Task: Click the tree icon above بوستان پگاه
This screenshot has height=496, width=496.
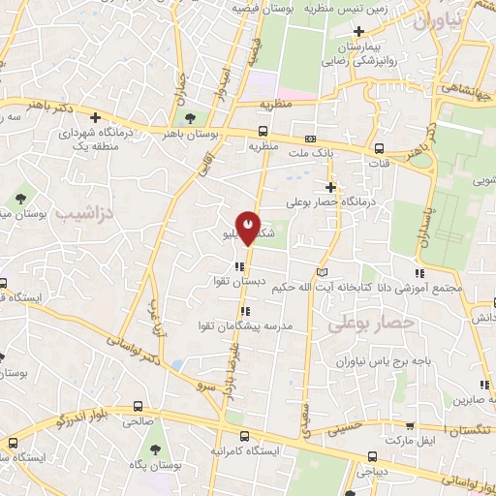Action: click(155, 448)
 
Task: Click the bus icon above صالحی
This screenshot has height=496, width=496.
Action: click(139, 406)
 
